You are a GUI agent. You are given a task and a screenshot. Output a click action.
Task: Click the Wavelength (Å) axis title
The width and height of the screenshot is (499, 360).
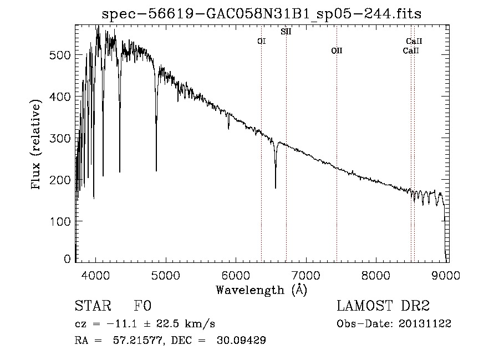pyautogui.click(x=261, y=289)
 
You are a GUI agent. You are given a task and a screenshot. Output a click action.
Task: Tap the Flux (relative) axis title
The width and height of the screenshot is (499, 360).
pyautogui.click(x=37, y=145)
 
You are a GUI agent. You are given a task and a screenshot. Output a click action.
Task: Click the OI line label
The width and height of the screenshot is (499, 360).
pyautogui.click(x=262, y=41)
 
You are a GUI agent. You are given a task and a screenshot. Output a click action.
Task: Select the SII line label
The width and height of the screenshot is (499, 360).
pyautogui.click(x=286, y=32)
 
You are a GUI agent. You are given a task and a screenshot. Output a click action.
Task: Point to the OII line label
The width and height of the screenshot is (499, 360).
pyautogui.click(x=337, y=51)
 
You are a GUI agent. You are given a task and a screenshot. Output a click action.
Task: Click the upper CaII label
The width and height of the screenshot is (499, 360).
pyautogui.click(x=414, y=41)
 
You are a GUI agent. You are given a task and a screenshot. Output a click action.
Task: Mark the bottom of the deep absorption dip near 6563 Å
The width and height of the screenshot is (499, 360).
pyautogui.click(x=276, y=187)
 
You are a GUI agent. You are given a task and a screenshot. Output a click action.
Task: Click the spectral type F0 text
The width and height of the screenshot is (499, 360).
pyautogui.click(x=142, y=306)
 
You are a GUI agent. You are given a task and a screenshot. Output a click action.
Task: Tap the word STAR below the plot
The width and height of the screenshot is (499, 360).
pyautogui.click(x=93, y=306)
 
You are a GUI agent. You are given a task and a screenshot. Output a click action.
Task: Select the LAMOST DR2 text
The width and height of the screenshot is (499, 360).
pyautogui.click(x=383, y=306)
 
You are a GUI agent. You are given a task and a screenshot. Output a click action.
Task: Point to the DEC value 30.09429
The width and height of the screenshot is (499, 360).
pyautogui.click(x=242, y=340)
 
